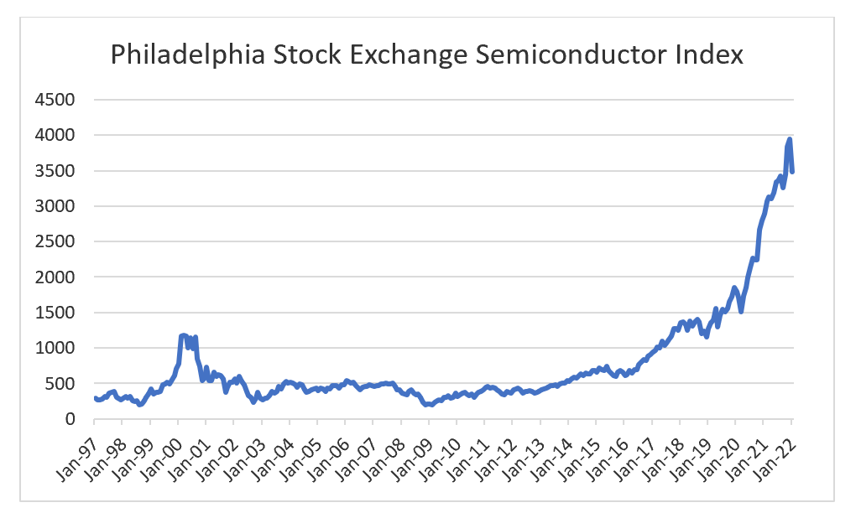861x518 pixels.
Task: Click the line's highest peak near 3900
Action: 789,139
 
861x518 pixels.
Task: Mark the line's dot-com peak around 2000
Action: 183,335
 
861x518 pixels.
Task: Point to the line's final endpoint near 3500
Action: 792,171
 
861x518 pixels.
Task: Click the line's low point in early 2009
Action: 429,405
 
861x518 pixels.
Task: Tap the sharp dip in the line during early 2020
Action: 741,311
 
